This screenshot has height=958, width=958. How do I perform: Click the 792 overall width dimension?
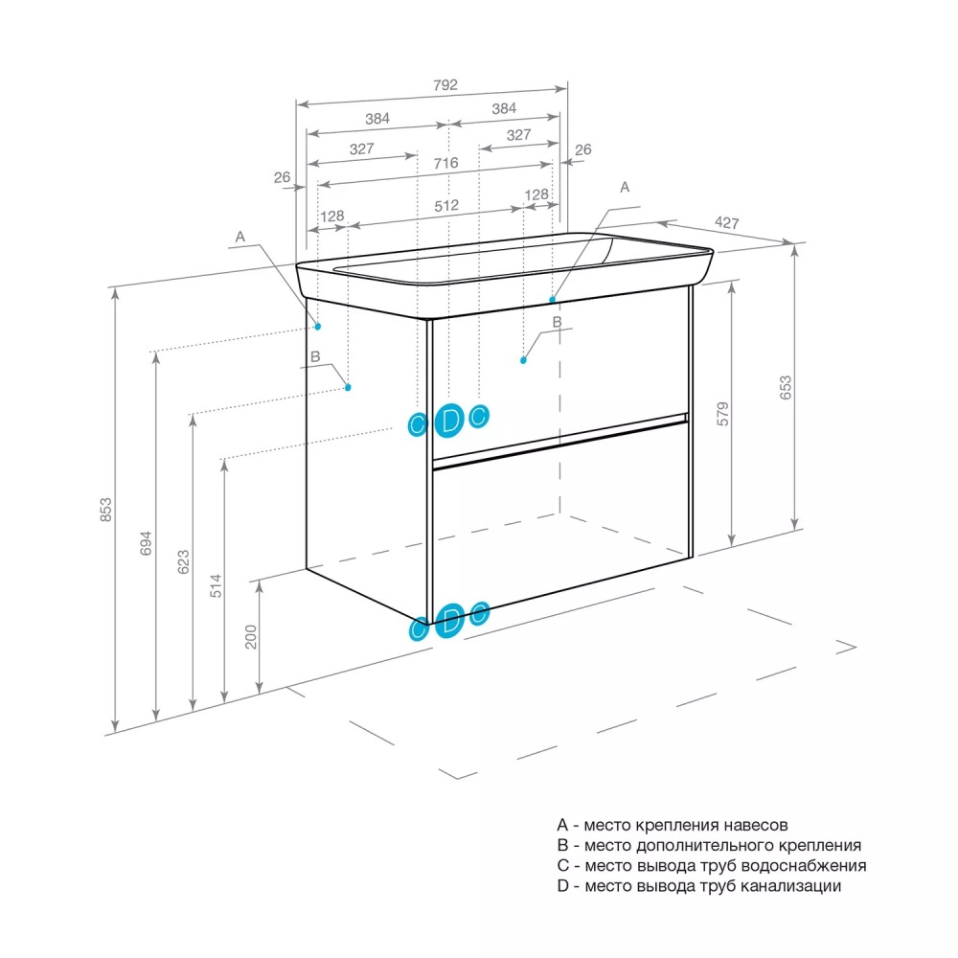pyautogui.click(x=445, y=84)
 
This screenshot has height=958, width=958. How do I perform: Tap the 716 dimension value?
pyautogui.click(x=445, y=163)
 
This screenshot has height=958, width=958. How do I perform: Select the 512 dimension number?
pyautogui.click(x=446, y=205)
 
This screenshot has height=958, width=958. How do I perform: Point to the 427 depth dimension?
pyautogui.click(x=727, y=222)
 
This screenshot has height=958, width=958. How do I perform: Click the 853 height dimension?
pyautogui.click(x=106, y=509)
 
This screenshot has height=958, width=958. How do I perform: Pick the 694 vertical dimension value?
pyautogui.click(x=146, y=543)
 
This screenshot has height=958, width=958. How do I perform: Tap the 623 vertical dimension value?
pyautogui.click(x=183, y=561)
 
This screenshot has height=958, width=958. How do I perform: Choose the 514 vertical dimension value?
pyautogui.click(x=216, y=584)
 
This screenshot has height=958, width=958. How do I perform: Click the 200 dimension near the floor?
pyautogui.click(x=251, y=636)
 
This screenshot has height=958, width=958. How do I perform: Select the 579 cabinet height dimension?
pyautogui.click(x=724, y=413)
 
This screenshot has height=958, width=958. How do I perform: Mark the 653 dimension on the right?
pyautogui.click(x=786, y=387)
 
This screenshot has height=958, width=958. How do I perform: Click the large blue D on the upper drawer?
pyautogui.click(x=449, y=419)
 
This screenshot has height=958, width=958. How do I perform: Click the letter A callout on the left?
pyautogui.click(x=240, y=236)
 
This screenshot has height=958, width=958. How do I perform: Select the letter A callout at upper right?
pyautogui.click(x=625, y=188)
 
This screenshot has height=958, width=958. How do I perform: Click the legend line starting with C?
pyautogui.click(x=711, y=865)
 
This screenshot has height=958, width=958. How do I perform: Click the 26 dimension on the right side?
pyautogui.click(x=582, y=149)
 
